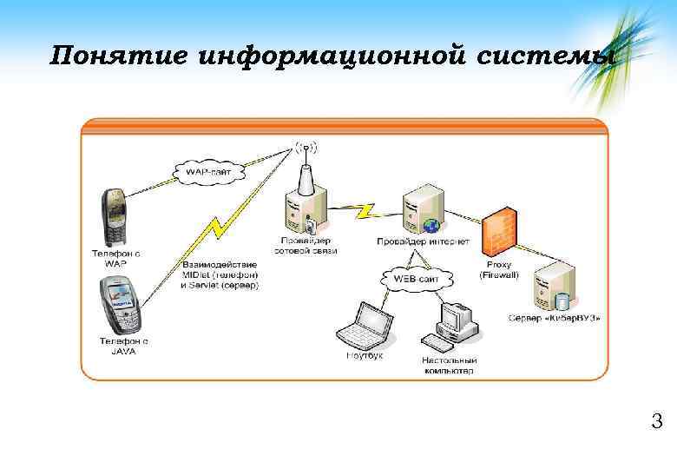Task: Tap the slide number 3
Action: pyautogui.click(x=657, y=423)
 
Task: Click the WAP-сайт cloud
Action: pyautogui.click(x=209, y=170)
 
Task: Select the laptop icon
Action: pyautogui.click(x=362, y=326)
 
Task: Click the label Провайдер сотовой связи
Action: pyautogui.click(x=305, y=246)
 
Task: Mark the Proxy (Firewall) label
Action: pyautogui.click(x=499, y=269)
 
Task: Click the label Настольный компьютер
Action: pyautogui.click(x=449, y=365)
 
